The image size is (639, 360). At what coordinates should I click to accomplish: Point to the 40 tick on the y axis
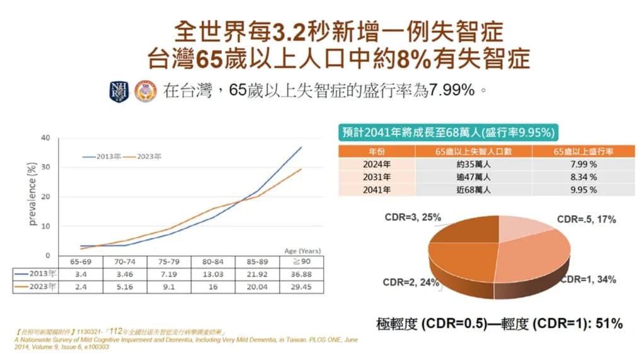(x=45, y=137)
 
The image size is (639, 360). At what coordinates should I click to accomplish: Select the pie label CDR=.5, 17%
(x=586, y=219)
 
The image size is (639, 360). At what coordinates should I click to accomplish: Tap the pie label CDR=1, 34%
(x=588, y=279)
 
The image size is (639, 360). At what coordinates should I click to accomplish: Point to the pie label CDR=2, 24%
(x=412, y=282)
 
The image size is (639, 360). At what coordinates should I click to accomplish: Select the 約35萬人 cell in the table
(x=473, y=164)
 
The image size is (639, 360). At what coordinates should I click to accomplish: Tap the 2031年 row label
(x=377, y=177)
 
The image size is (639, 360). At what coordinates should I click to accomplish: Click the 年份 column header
(x=377, y=151)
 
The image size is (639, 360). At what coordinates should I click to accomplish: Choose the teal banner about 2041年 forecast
(x=448, y=132)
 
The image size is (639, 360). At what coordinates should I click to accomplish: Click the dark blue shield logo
(x=118, y=91)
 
